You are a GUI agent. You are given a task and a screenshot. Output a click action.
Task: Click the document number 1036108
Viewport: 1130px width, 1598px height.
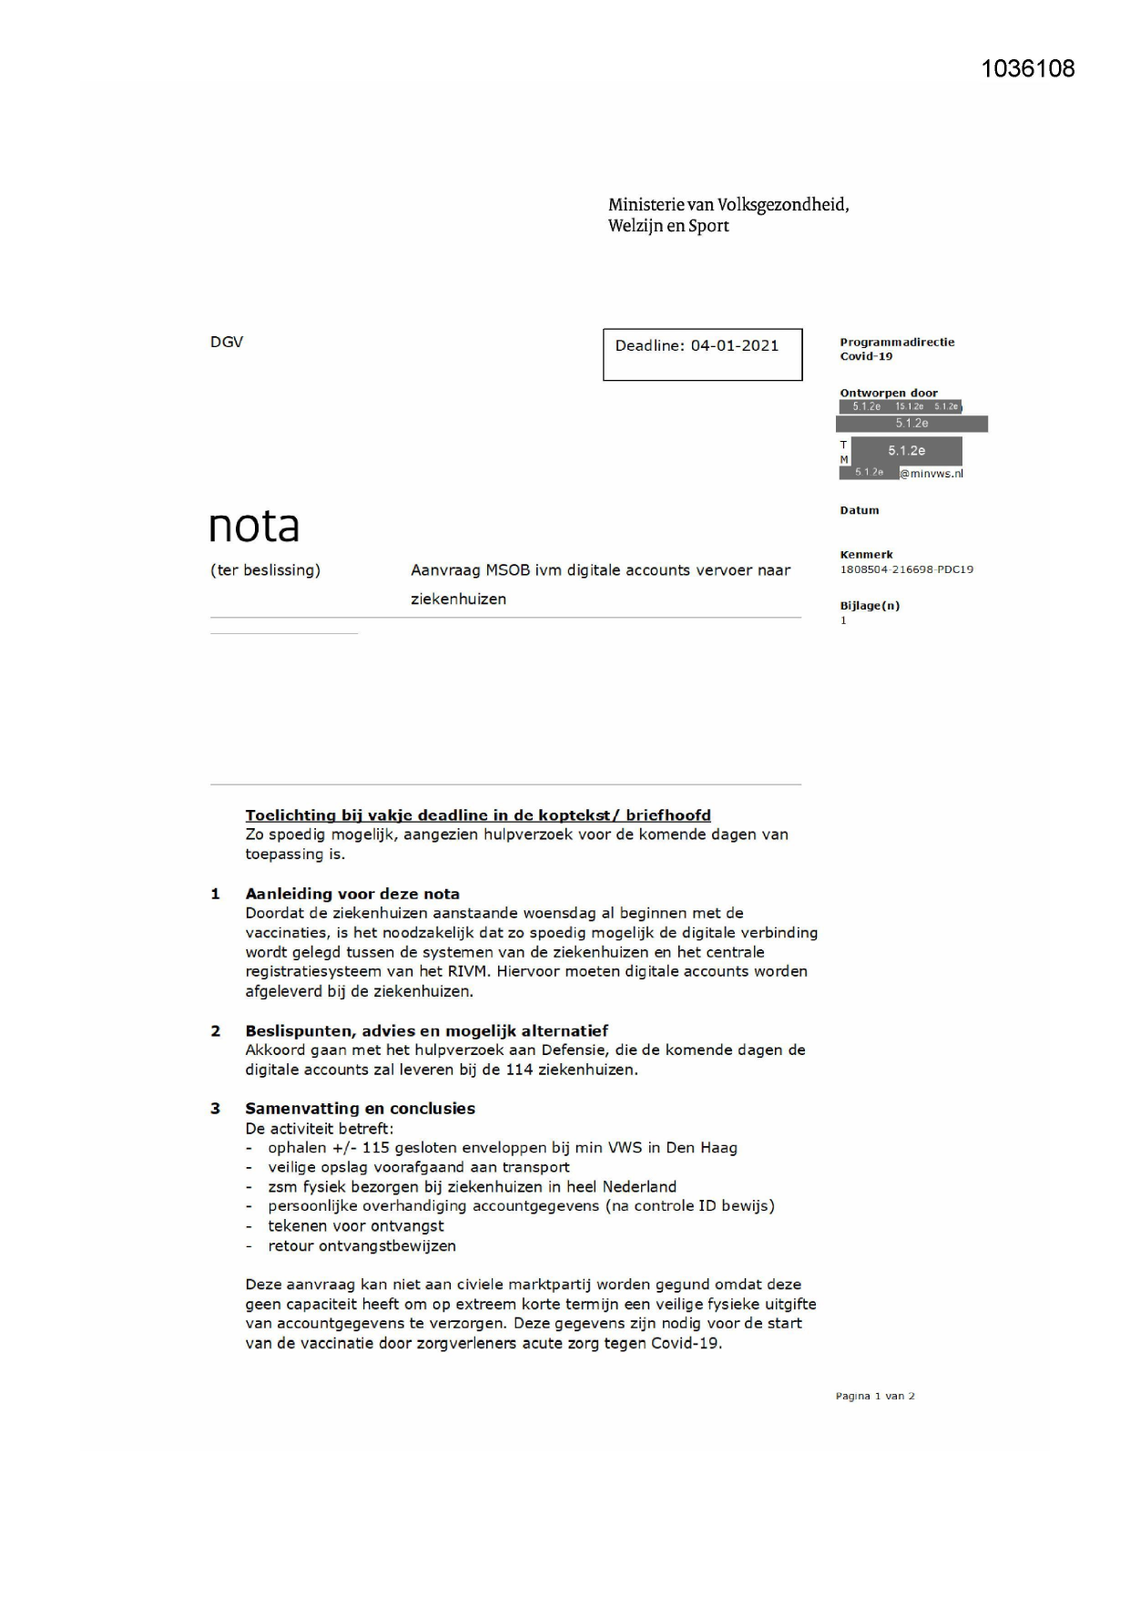point(1028,69)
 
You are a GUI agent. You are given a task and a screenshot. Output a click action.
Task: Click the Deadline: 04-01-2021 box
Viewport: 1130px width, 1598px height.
point(702,353)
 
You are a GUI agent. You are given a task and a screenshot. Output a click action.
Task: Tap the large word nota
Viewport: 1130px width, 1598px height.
point(254,527)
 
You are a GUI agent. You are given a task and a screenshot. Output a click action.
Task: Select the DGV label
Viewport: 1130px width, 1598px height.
point(227,342)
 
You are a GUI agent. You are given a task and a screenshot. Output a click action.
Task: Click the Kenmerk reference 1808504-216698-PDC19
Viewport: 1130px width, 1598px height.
point(906,569)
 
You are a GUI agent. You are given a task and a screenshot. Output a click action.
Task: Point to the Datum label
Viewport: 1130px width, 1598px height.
point(859,510)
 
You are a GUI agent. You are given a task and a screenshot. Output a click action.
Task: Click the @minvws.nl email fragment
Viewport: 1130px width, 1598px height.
point(931,474)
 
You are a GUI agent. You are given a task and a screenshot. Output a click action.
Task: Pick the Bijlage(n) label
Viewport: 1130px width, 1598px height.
point(870,606)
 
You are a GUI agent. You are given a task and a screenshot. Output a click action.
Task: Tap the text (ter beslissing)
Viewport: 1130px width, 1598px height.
point(265,570)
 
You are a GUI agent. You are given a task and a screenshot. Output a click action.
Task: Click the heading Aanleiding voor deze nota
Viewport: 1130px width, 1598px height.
point(352,894)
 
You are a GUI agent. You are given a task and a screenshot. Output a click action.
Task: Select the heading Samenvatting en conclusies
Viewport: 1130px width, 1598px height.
point(360,1109)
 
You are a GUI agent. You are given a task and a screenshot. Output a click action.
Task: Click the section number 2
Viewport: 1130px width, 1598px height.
point(216,1031)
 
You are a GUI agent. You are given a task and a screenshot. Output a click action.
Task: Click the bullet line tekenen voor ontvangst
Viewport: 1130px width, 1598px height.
point(355,1226)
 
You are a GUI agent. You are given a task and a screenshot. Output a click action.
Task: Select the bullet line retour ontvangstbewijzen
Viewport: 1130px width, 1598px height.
point(361,1245)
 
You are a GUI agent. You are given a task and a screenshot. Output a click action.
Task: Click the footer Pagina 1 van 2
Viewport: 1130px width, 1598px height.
point(875,1396)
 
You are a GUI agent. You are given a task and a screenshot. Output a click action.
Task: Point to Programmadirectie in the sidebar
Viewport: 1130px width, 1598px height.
point(897,343)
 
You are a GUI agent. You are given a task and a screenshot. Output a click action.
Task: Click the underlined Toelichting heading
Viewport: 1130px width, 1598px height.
point(478,815)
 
